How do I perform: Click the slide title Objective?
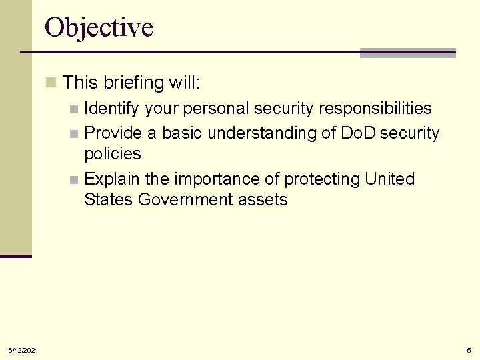click(99, 28)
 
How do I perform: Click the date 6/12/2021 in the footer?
click(23, 350)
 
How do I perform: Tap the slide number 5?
click(469, 350)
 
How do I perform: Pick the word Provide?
click(113, 133)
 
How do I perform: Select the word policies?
click(113, 154)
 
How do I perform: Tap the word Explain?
click(111, 179)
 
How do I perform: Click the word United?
click(390, 179)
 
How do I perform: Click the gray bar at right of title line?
click(407, 53)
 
